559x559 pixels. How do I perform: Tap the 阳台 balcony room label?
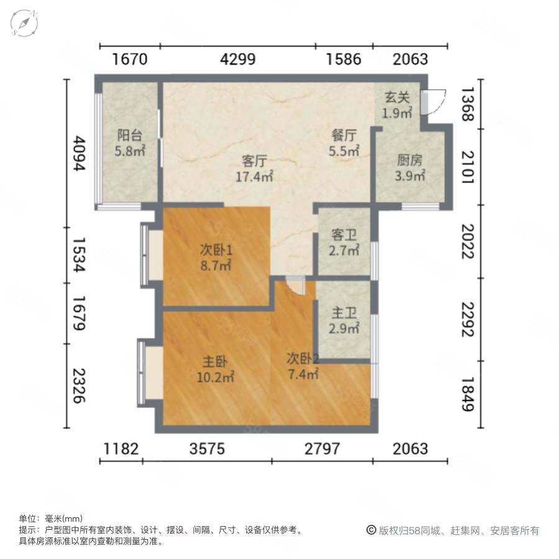(x=130, y=135)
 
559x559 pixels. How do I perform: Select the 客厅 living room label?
(x=254, y=161)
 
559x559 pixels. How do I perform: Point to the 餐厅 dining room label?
(x=343, y=135)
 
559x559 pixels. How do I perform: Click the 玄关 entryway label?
(x=398, y=98)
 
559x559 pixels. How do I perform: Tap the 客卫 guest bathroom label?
(x=344, y=235)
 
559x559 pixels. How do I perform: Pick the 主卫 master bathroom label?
(x=344, y=314)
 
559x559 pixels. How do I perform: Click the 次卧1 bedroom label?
(x=216, y=250)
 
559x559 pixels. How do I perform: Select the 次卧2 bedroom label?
(x=303, y=359)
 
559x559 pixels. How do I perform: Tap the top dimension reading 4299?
(x=238, y=60)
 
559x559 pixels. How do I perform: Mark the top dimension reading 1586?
(x=343, y=60)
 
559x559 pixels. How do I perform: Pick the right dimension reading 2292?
(x=467, y=319)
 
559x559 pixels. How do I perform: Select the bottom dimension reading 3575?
(x=207, y=448)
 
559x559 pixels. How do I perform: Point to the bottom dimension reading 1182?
(x=122, y=448)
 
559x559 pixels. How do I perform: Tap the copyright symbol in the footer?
(x=371, y=530)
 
